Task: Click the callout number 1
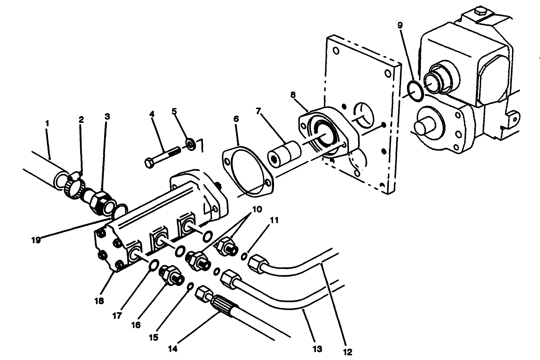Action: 47,123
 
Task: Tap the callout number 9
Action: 400,25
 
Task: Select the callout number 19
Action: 36,240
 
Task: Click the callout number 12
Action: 348,352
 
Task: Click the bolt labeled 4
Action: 162,157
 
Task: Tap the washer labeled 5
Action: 190,144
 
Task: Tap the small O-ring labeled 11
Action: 244,256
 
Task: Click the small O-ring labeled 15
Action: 191,286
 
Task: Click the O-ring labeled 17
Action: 153,265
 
